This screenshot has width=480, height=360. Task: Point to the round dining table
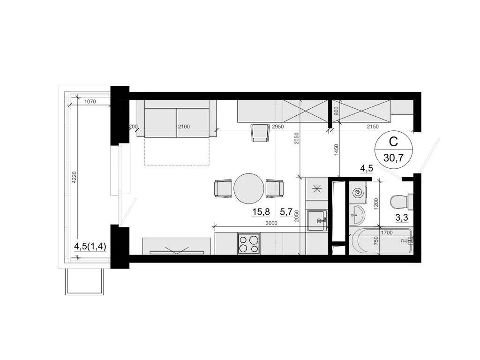point(248,188)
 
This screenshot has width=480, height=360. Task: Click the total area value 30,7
point(393,157)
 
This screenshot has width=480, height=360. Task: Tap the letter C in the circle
point(394,141)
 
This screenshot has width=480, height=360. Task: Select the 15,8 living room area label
point(261,212)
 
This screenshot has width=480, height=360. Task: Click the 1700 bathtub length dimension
point(387,232)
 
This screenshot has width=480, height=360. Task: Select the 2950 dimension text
point(278,127)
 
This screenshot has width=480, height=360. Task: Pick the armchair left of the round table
point(223,188)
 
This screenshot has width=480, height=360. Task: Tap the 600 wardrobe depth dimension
point(336,111)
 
